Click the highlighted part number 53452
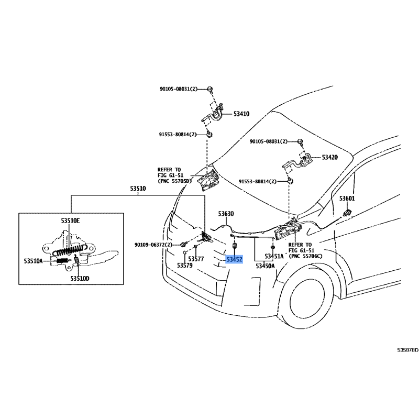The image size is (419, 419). tap(234, 259)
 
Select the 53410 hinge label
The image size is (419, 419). tap(241, 114)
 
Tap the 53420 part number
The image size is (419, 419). tap(330, 157)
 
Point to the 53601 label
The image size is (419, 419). tap(347, 199)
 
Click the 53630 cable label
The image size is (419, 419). tap(226, 214)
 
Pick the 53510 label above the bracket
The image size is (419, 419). tap(138, 189)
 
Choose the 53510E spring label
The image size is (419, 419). tap(70, 220)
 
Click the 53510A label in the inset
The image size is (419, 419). tap(33, 261)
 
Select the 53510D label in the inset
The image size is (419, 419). tap(80, 279)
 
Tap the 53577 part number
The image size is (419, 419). tap(196, 259)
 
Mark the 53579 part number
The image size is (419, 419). tap(185, 266)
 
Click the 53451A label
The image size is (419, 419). tap(274, 256)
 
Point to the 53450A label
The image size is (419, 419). tap(265, 266)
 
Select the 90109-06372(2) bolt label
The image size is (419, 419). tap(153, 245)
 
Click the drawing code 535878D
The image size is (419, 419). tap(408, 350)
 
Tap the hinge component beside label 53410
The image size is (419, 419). tap(213, 115)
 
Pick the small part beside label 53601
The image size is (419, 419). tap(347, 213)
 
